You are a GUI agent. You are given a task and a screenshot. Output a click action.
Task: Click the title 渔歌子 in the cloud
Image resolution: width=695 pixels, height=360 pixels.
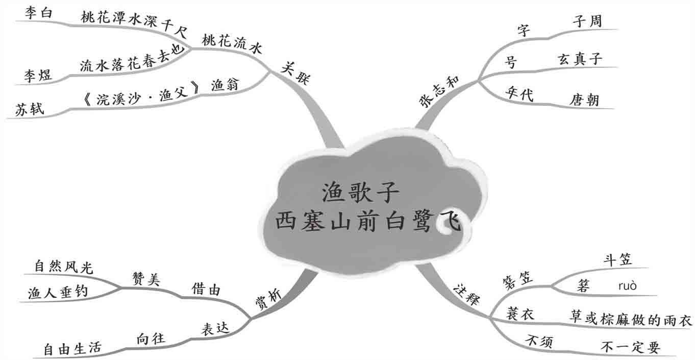pyautogui.click(x=361, y=193)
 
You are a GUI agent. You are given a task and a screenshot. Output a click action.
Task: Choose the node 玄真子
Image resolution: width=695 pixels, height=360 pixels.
pyautogui.click(x=579, y=59)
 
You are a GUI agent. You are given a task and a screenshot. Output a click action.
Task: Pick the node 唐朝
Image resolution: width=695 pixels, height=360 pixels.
pyautogui.click(x=585, y=100)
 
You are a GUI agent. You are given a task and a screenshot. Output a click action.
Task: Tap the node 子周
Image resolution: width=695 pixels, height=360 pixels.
pyautogui.click(x=587, y=21)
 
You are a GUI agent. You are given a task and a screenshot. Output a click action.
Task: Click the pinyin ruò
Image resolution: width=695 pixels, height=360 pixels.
pyautogui.click(x=627, y=285)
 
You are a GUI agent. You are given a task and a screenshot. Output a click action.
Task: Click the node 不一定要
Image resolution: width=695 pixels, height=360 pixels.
pyautogui.click(x=631, y=348)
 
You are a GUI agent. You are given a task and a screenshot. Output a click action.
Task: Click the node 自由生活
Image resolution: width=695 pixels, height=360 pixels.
pyautogui.click(x=72, y=349)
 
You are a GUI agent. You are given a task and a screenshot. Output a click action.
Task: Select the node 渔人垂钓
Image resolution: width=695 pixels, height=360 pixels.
pyautogui.click(x=58, y=292)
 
